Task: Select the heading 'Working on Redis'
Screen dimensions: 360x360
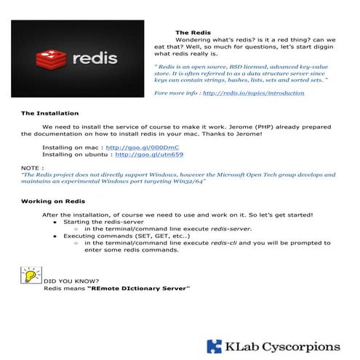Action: click(x=53, y=201)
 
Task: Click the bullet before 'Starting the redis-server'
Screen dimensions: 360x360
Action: click(x=55, y=222)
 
